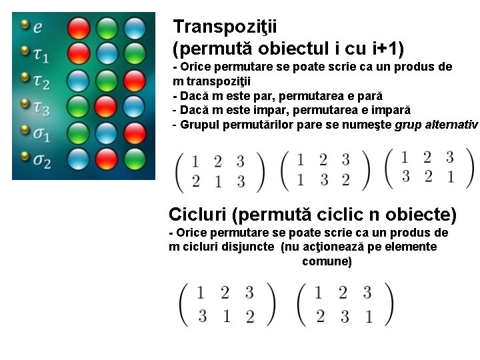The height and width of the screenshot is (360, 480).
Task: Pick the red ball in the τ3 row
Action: click(106, 105)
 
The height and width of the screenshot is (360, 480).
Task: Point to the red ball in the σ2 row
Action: click(106, 158)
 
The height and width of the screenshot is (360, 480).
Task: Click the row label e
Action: click(38, 27)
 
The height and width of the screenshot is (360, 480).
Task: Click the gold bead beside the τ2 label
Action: click(25, 77)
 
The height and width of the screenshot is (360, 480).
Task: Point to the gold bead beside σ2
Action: click(25, 157)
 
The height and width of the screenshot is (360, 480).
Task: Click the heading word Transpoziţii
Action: click(225, 27)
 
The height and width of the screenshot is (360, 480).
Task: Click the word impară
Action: click(389, 109)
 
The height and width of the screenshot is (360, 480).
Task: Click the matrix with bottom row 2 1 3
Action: click(219, 171)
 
